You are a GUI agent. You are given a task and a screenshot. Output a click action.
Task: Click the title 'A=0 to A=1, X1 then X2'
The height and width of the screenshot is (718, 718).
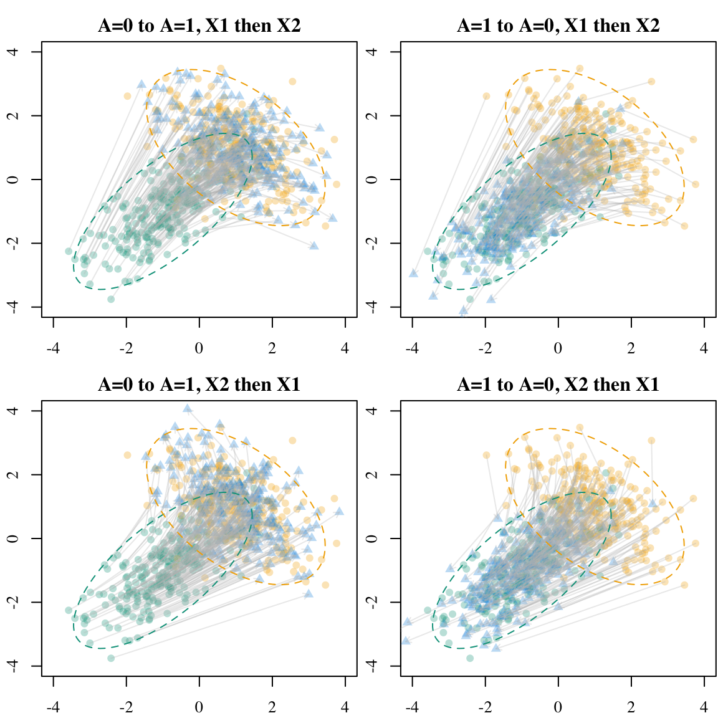199,26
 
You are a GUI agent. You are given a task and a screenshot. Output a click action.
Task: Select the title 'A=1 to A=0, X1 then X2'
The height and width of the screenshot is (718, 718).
558,26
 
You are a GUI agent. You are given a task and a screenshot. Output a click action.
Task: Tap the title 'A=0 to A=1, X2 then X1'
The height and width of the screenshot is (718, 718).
199,385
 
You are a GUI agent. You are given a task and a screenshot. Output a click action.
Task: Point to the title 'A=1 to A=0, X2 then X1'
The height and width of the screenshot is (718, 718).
558,385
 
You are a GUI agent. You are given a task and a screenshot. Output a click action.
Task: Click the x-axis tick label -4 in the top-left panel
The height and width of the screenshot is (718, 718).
54,348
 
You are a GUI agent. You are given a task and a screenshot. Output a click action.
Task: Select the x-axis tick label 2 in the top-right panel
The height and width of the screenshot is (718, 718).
631,348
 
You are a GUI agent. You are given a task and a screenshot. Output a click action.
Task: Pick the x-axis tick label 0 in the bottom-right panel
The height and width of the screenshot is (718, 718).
558,707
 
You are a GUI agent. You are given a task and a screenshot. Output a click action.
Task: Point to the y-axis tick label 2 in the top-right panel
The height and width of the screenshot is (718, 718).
373,115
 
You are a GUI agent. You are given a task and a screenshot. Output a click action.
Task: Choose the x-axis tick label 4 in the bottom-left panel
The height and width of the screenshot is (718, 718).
345,707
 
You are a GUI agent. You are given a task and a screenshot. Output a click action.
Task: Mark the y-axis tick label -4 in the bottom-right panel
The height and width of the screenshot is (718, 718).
373,666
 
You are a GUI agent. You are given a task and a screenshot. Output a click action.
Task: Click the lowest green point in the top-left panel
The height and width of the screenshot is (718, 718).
111,299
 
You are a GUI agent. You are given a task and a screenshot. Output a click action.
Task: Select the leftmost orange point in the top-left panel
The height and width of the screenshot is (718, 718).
127,96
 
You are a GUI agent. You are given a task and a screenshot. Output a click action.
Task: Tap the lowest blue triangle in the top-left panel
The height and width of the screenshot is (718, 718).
314,246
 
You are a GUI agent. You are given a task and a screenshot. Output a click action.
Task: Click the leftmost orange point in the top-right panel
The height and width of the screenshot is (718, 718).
486,96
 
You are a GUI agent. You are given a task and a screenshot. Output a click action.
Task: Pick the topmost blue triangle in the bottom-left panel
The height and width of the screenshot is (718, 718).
188,409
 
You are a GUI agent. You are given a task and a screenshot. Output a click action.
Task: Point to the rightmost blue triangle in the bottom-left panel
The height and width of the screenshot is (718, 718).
339,512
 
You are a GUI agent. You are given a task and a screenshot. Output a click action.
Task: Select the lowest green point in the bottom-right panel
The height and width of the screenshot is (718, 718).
470,658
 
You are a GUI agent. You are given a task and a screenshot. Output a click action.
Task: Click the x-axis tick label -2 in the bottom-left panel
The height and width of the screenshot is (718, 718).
127,707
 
